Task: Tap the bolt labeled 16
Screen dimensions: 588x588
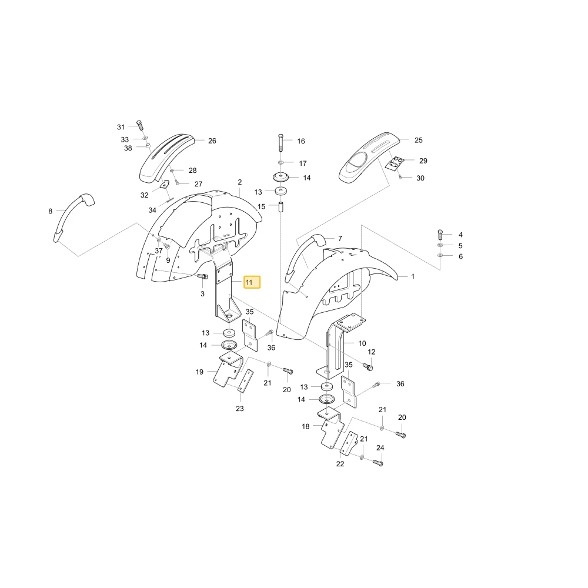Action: (281, 142)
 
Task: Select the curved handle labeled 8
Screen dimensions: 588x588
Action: (72, 218)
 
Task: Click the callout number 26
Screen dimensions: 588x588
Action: (212, 141)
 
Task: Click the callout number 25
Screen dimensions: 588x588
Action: (419, 141)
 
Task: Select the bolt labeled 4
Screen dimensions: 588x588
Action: (440, 235)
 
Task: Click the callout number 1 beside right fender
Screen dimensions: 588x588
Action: (413, 277)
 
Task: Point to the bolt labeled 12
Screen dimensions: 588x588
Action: (368, 366)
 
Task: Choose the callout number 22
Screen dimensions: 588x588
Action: (340, 464)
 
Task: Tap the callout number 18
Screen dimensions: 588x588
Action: (306, 426)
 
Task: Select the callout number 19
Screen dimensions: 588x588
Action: (199, 372)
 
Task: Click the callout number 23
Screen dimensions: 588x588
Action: (240, 409)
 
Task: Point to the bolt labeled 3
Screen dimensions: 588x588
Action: (202, 277)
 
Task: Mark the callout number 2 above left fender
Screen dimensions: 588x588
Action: (240, 182)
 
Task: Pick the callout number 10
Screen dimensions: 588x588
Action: (362, 343)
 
